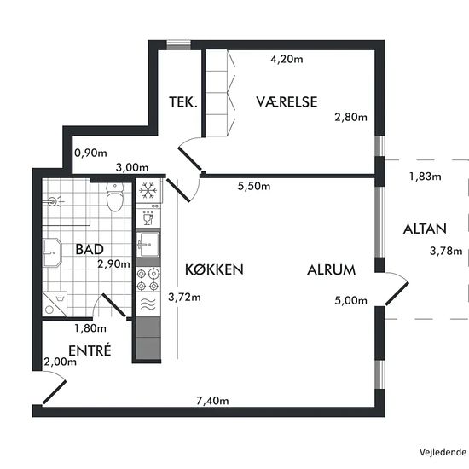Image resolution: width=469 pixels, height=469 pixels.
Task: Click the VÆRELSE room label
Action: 287,102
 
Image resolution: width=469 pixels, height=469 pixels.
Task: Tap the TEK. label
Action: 183,102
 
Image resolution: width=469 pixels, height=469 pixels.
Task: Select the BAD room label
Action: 90,249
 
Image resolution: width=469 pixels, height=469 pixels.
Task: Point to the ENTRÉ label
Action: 90,350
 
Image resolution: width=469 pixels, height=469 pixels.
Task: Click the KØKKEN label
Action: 214,269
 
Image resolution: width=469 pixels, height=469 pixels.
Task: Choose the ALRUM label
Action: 331,269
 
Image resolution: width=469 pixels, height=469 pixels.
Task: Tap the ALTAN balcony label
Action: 425,229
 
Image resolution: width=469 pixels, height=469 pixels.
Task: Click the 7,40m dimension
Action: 212,401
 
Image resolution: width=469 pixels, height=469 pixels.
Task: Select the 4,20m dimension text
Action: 287,59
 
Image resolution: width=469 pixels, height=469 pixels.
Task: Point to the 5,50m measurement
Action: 254,187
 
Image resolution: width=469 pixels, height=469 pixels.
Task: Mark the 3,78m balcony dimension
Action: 446,251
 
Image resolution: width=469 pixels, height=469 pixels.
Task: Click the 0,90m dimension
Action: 90,153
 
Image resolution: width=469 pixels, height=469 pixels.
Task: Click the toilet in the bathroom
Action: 115,197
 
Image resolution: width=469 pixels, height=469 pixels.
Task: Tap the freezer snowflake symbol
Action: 148,190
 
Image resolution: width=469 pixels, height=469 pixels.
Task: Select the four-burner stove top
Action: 148,280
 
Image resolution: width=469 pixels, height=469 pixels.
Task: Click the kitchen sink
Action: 148,244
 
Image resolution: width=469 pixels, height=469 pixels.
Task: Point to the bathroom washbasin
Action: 52,252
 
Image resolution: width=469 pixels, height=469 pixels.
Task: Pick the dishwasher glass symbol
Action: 148,217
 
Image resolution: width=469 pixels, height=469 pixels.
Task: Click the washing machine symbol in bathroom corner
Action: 55,304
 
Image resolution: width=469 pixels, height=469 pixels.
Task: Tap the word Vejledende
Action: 443,452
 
